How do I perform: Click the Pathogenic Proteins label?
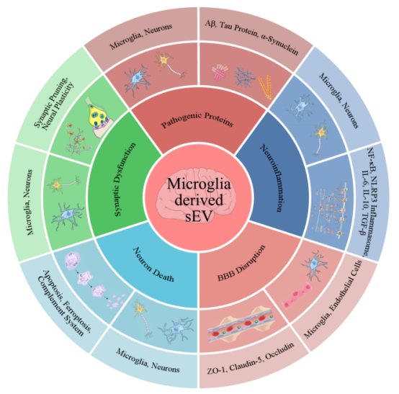coord(197,120)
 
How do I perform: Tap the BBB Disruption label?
coord(241,263)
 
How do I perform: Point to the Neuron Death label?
coord(153,264)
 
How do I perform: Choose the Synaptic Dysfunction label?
coord(125,179)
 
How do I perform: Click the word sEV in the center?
coord(199,216)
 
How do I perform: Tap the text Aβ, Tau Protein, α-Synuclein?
coord(251,37)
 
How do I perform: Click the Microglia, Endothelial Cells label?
coord(333,299)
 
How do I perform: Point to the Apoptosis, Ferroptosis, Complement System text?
coord(64,303)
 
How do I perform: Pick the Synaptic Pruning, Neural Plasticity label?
coord(54,104)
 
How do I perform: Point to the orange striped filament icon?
coord(265,86)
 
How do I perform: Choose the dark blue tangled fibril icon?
coord(244,76)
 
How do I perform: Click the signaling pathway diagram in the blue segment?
coord(329,210)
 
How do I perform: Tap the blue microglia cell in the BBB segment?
coord(315,264)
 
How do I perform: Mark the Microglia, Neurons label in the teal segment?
coord(148,360)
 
